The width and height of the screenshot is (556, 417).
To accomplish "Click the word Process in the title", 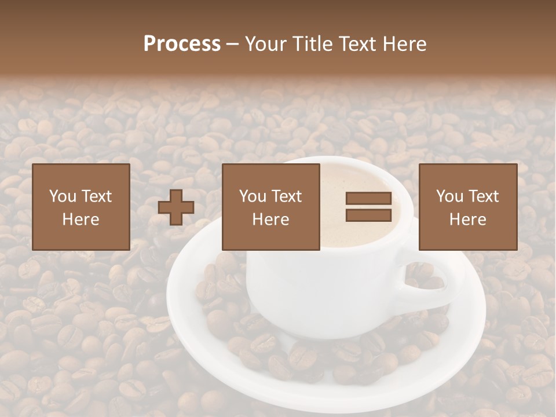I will pyautogui.click(x=182, y=44).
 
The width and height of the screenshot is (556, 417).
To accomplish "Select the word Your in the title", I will pyautogui.click(x=264, y=44).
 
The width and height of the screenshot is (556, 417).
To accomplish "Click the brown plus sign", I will pyautogui.click(x=176, y=207).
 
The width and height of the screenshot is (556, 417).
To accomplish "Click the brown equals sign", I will pyautogui.click(x=368, y=207).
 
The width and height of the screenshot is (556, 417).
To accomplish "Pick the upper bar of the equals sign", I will pyautogui.click(x=368, y=199).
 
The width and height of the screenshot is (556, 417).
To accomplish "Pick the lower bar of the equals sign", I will pyautogui.click(x=368, y=215).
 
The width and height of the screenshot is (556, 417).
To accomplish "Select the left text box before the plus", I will pyautogui.click(x=81, y=207).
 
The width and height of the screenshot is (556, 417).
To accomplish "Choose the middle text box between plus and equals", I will pyautogui.click(x=270, y=207).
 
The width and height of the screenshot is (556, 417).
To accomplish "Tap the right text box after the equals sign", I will pyautogui.click(x=467, y=207).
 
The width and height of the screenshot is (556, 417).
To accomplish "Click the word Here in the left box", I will pyautogui.click(x=81, y=220).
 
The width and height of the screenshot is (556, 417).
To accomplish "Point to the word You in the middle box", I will pyautogui.click(x=253, y=196).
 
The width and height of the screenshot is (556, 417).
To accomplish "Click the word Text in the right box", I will pyautogui.click(x=482, y=196).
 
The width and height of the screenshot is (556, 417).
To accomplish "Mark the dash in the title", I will pyautogui.click(x=233, y=44).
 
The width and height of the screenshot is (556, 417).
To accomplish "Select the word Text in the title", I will pyautogui.click(x=357, y=44).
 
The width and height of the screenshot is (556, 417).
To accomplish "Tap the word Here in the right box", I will pyautogui.click(x=467, y=220).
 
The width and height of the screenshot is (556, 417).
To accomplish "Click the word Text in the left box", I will pyautogui.click(x=96, y=196).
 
